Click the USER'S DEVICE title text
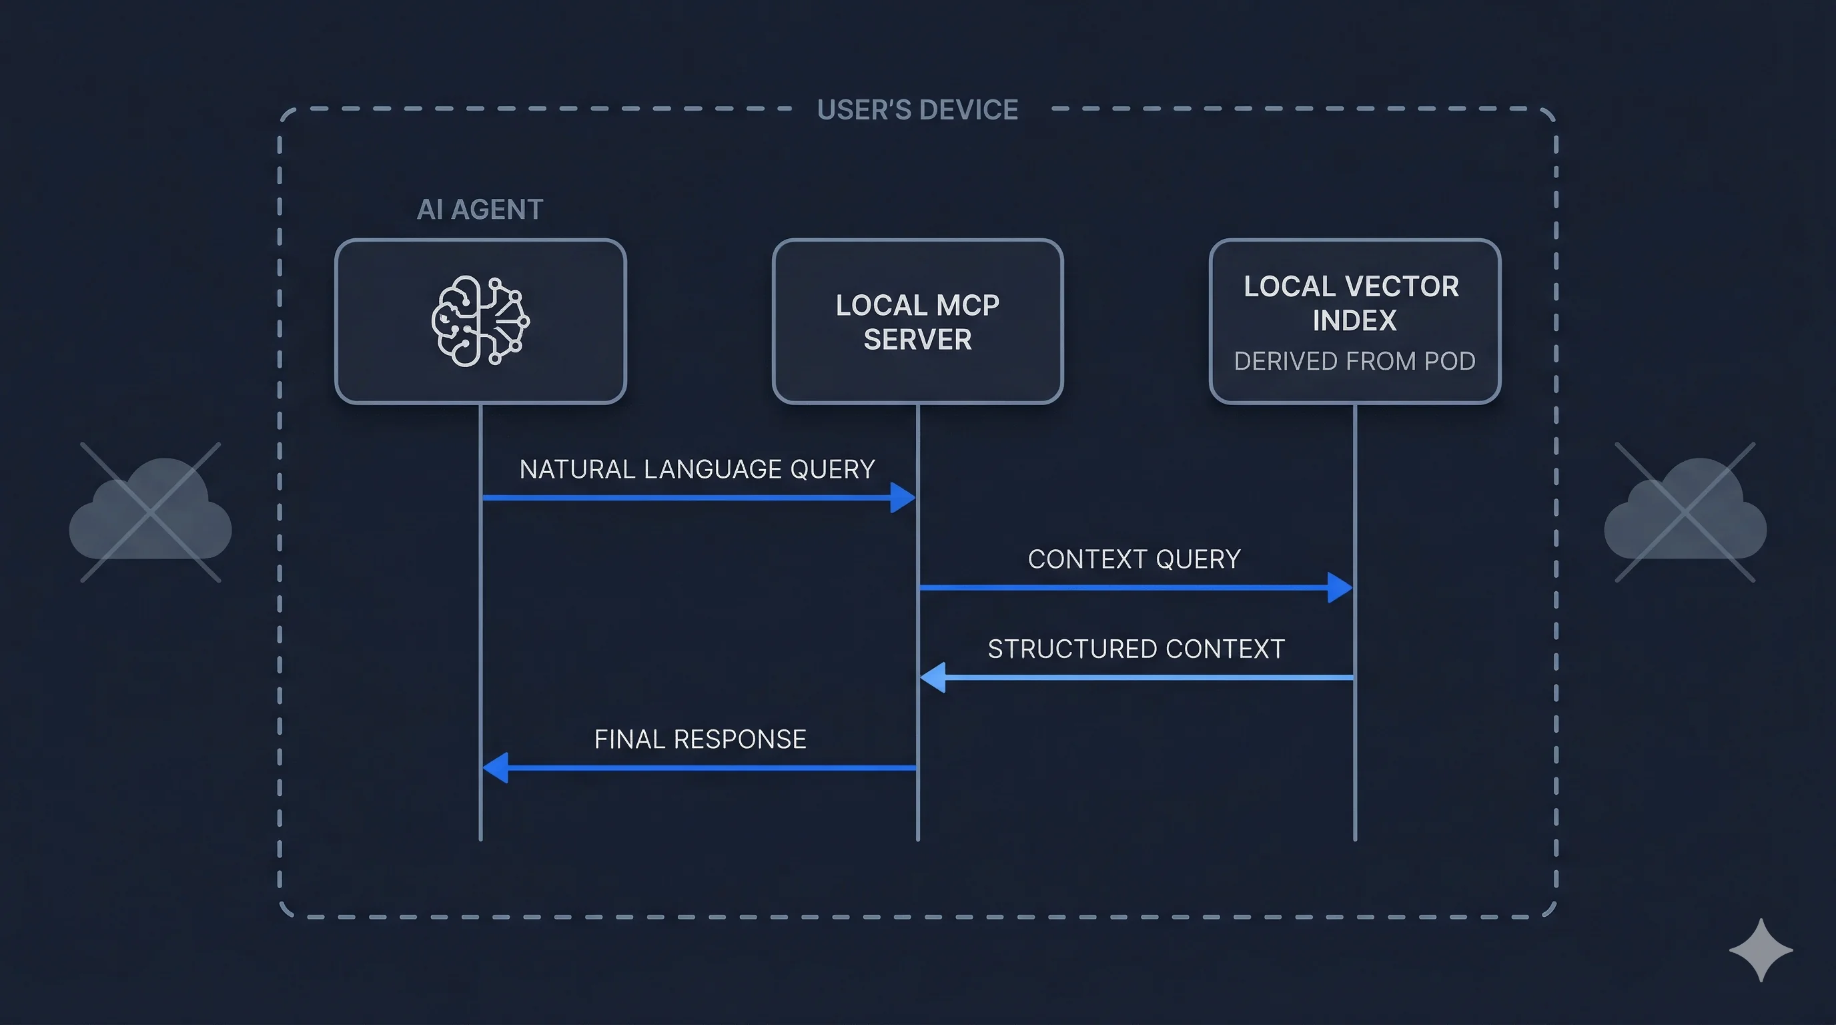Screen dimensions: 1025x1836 point(917,109)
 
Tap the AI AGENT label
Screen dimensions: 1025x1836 point(480,210)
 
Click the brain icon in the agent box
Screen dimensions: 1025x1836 point(480,321)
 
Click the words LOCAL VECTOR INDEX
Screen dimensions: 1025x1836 point(1352,303)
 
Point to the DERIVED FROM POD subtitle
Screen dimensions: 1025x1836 point(1354,362)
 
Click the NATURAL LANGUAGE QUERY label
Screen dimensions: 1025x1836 point(697,469)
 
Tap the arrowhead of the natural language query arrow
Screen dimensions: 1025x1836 point(902,498)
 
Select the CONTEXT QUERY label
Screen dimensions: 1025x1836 point(1134,559)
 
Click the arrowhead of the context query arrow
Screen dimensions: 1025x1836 point(1339,587)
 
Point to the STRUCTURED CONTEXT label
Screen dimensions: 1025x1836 point(1136,649)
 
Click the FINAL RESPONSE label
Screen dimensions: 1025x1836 point(700,739)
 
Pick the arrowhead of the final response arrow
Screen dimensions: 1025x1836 point(496,767)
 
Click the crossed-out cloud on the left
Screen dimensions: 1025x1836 point(150,512)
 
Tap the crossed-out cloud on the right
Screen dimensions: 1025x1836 point(1685,512)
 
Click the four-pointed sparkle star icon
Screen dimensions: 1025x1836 point(1761,950)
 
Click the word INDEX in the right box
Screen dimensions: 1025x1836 point(1354,321)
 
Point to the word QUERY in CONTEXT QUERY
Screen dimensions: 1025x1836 point(1198,559)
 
